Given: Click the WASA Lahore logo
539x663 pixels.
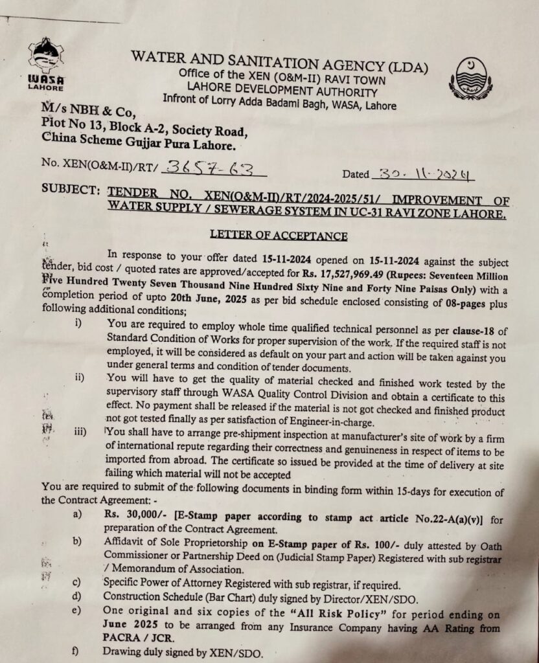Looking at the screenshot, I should (45, 63).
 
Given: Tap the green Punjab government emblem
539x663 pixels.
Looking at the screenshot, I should (470, 78).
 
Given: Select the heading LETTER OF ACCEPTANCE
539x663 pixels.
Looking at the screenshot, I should (278, 236).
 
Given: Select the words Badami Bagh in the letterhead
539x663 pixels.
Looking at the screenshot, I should (273, 102).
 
